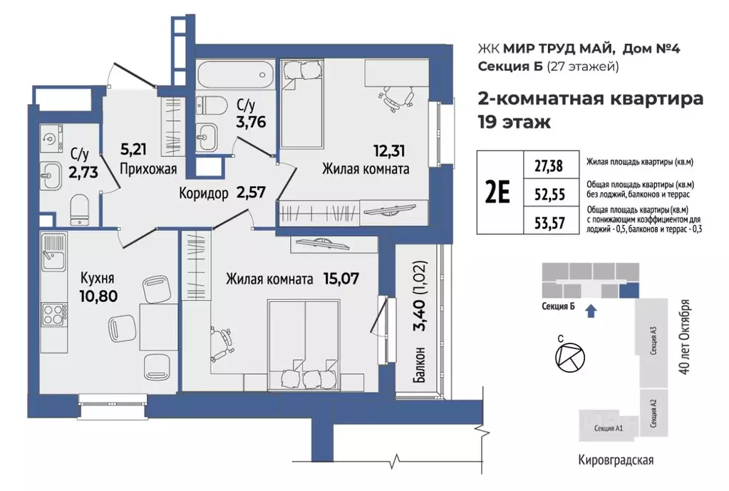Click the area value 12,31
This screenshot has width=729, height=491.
392,151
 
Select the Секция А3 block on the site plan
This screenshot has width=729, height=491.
653,341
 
